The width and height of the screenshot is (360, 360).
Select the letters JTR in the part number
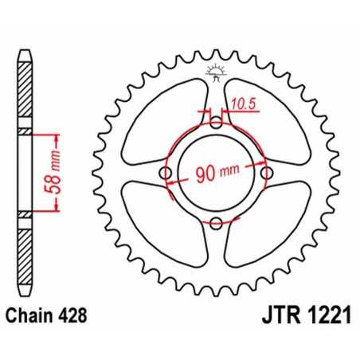(x=265, y=315)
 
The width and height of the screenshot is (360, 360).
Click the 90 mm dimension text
(x=215, y=174)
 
